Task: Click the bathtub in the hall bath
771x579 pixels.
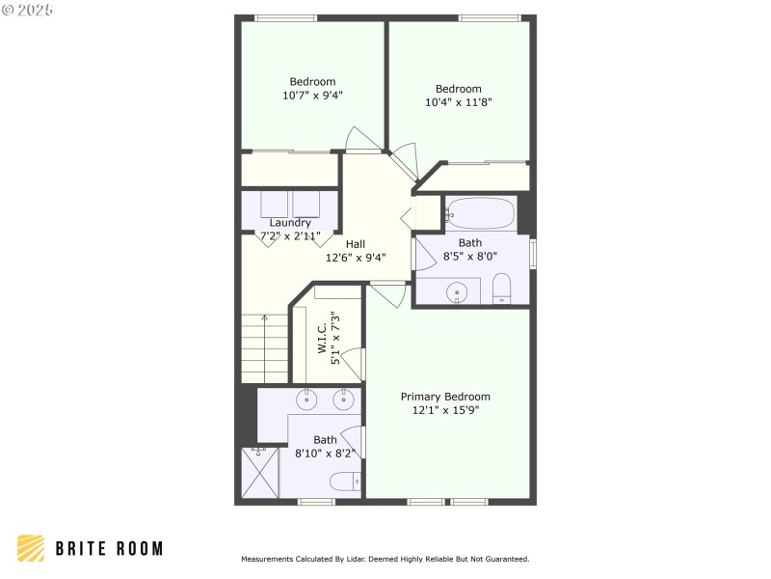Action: point(481,213)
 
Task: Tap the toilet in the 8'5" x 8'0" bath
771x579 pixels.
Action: point(501,289)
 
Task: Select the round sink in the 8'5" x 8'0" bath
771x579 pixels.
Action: point(459,291)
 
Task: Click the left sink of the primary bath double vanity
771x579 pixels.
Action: point(307,398)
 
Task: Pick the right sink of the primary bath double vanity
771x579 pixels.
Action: point(342,398)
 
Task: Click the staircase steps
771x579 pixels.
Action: point(264,348)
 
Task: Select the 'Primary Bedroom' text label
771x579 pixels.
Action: point(445,397)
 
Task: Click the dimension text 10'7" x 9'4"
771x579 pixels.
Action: point(312,96)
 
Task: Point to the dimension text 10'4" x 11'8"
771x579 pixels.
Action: point(459,102)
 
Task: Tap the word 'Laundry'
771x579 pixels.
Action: point(289,223)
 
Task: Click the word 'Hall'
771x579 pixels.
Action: point(356,244)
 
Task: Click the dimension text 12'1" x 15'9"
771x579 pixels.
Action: point(445,410)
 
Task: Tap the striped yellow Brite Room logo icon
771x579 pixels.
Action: point(31,548)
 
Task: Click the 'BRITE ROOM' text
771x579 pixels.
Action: point(108,548)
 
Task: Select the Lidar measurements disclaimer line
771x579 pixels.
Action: point(385,559)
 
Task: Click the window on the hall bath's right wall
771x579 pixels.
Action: point(533,252)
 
